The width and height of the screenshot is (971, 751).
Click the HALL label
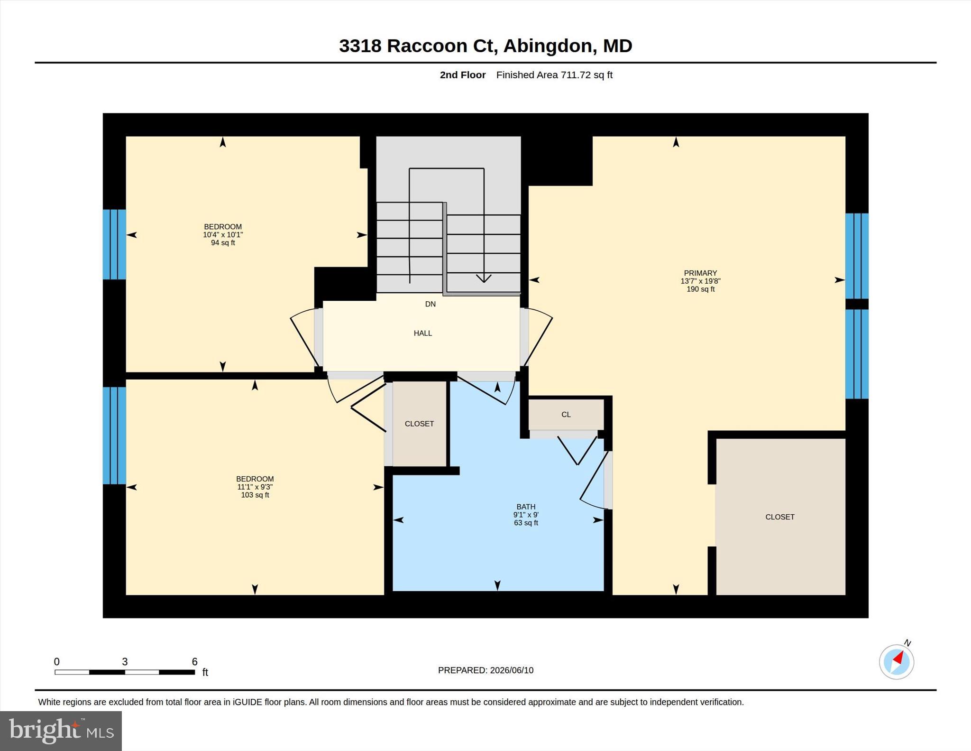tap(422, 333)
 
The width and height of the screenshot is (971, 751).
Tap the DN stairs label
tap(430, 304)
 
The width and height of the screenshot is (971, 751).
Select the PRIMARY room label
tap(700, 273)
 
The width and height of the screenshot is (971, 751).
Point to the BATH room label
tap(526, 507)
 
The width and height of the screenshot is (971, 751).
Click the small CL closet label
tap(566, 415)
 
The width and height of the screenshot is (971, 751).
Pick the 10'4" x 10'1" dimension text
tap(223, 235)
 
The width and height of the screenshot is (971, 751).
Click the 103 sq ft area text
tap(255, 495)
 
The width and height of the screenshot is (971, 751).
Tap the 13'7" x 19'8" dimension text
tap(700, 281)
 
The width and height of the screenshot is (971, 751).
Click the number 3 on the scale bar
tap(125, 662)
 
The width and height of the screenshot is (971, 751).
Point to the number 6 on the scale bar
tap(194, 662)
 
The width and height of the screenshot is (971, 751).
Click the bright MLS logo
tap(61, 730)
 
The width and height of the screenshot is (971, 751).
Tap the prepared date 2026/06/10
tap(512, 670)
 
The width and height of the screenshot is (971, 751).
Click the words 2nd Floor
tap(463, 75)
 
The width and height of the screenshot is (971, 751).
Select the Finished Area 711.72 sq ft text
tap(554, 75)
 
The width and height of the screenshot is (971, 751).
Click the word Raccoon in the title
tap(427, 46)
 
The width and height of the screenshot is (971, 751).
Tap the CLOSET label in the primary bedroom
tap(780, 517)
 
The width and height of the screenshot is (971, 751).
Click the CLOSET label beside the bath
tap(419, 424)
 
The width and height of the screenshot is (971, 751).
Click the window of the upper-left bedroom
tap(115, 244)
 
